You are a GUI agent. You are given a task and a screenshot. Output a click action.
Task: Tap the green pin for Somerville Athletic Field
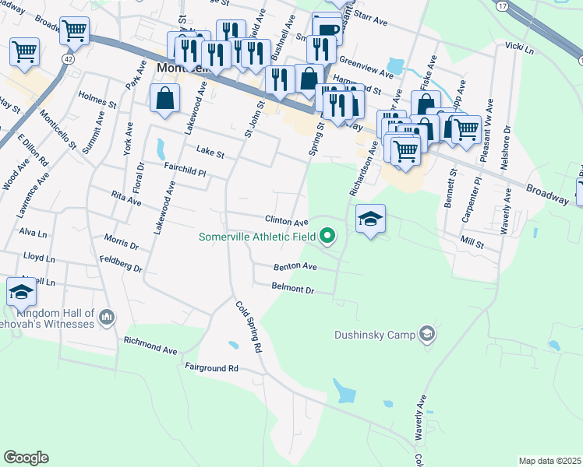328,235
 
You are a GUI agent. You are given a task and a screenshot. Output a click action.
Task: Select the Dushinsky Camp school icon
426,334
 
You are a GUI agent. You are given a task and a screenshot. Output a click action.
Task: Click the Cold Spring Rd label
248,327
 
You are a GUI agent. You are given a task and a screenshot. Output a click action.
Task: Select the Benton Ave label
295,266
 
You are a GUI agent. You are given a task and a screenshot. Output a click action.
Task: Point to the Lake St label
210,153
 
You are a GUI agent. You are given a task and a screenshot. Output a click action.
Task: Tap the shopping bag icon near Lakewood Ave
165,98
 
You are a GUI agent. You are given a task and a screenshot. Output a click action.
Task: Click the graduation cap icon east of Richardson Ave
371,218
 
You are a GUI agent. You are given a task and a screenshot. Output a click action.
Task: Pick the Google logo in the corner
26,458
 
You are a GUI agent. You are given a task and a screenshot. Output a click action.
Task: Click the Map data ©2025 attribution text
549,461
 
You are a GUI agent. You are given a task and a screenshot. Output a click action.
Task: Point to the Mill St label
472,244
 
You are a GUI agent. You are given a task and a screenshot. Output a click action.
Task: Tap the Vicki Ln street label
520,48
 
